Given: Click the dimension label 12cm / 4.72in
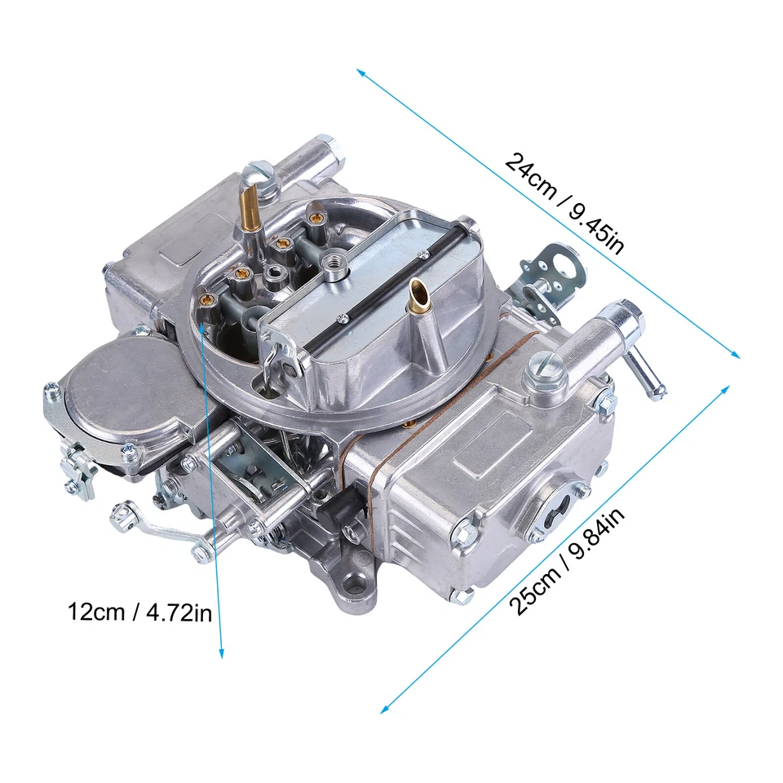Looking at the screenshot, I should (139, 612).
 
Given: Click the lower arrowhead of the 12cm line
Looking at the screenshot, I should (221, 652).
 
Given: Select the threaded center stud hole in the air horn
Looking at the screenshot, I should (333, 263).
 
